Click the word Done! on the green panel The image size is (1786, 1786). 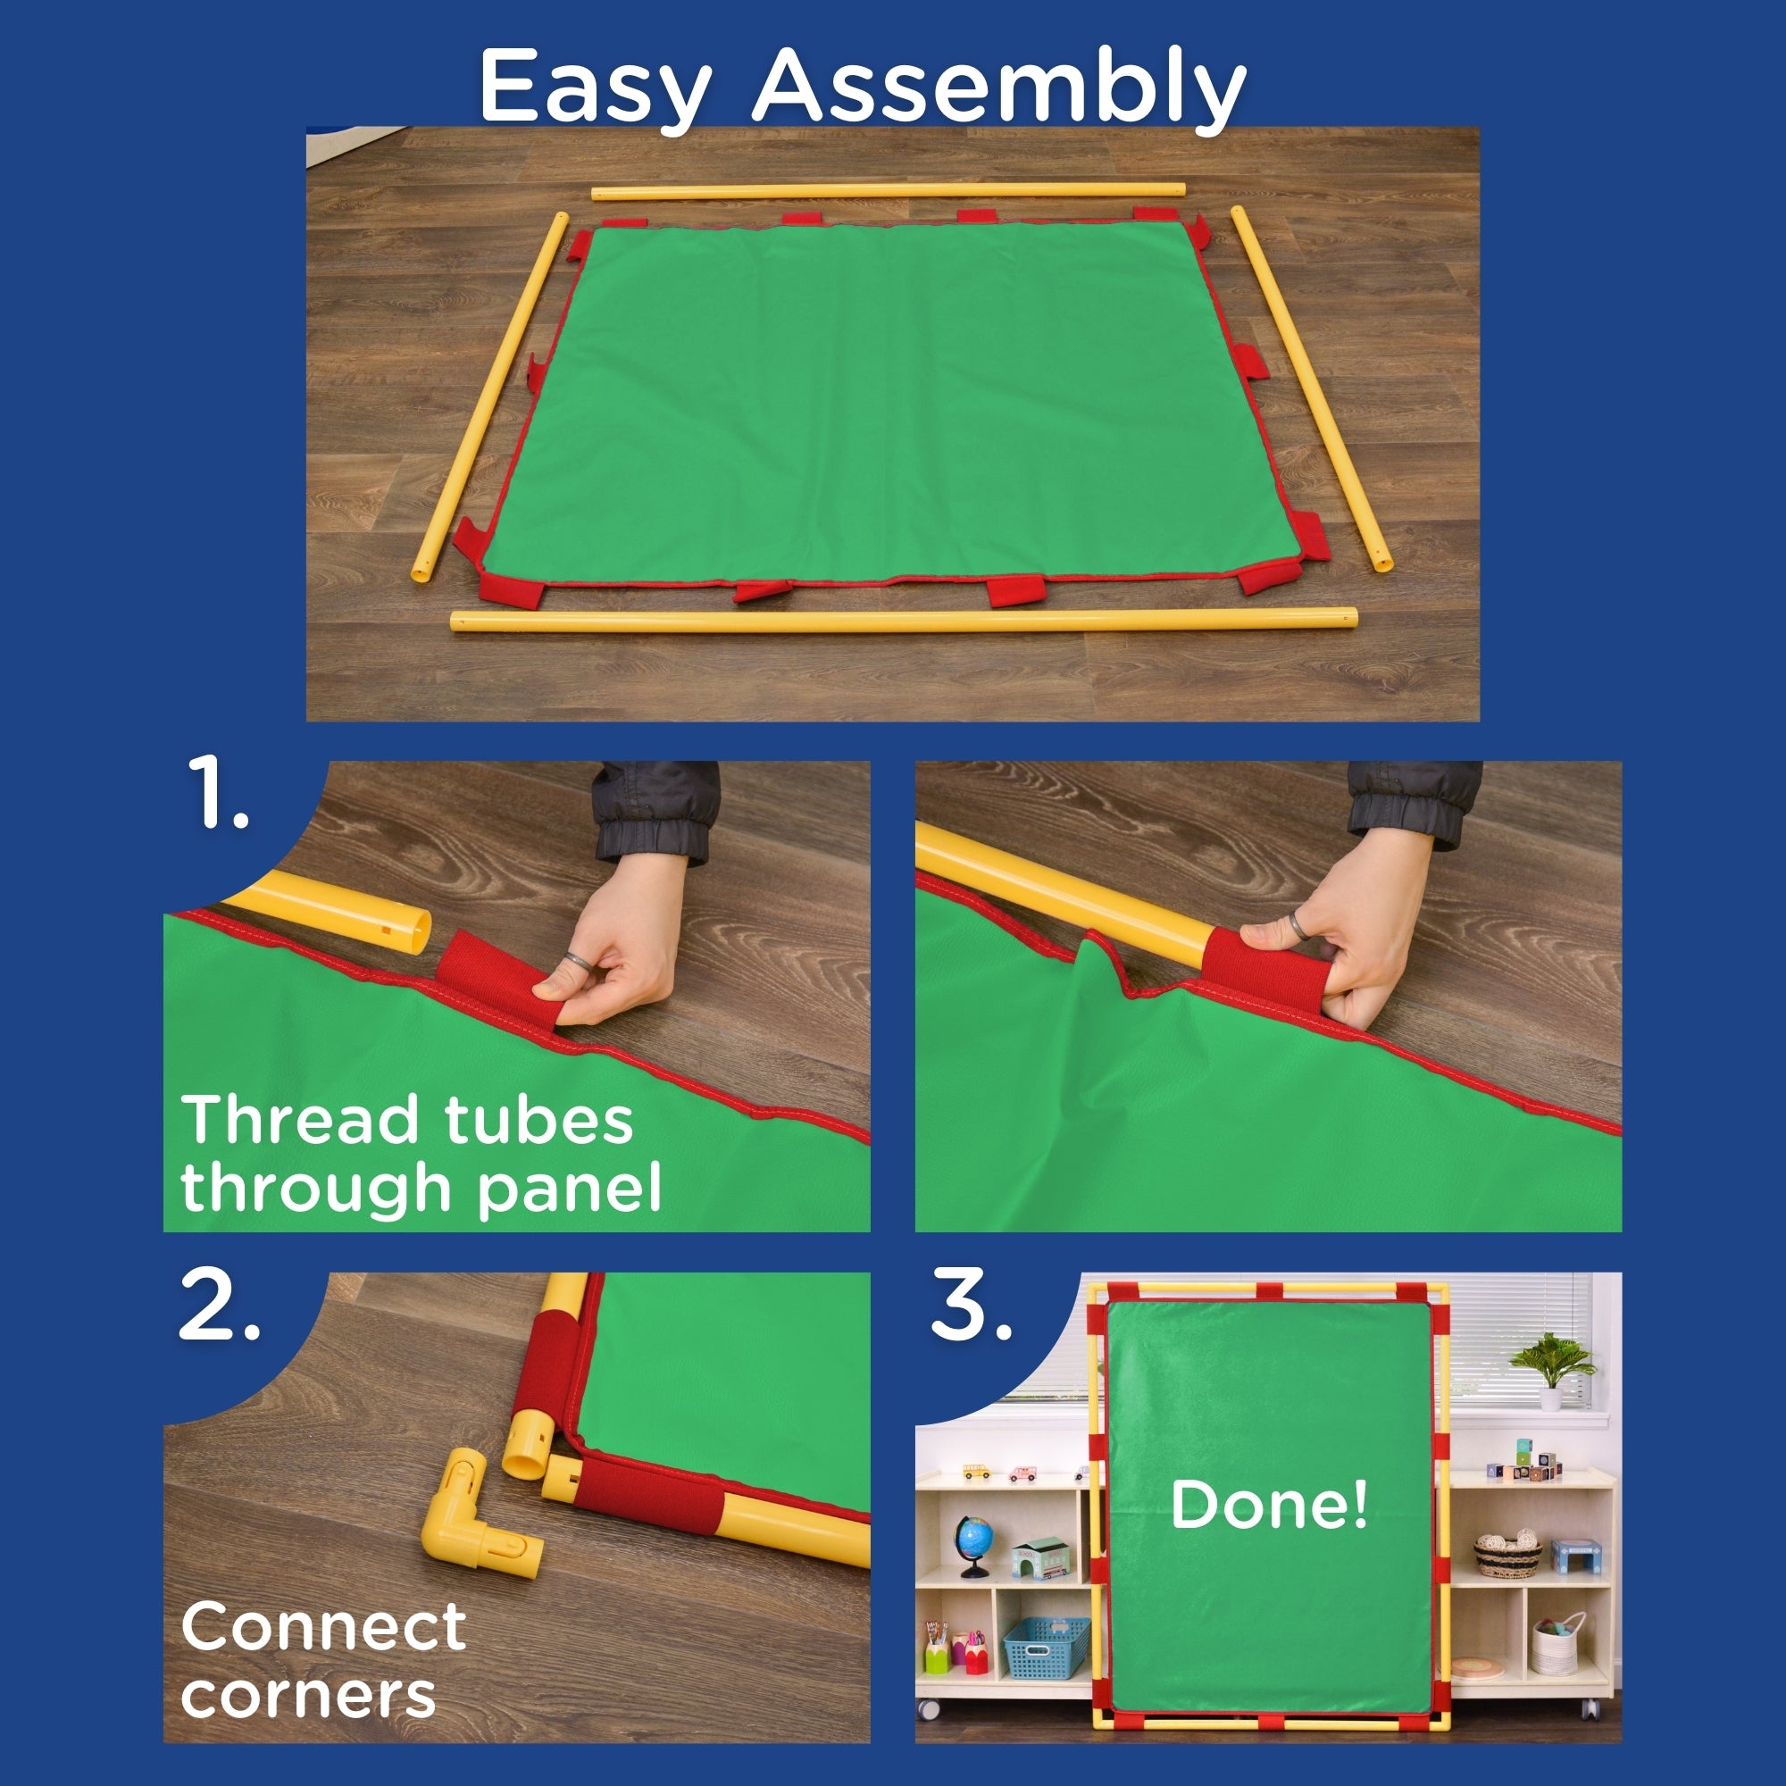[x=1268, y=1504]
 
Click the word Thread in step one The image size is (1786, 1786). [x=299, y=1121]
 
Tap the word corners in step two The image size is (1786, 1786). [x=308, y=1696]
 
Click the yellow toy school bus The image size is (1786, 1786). [x=976, y=1471]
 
